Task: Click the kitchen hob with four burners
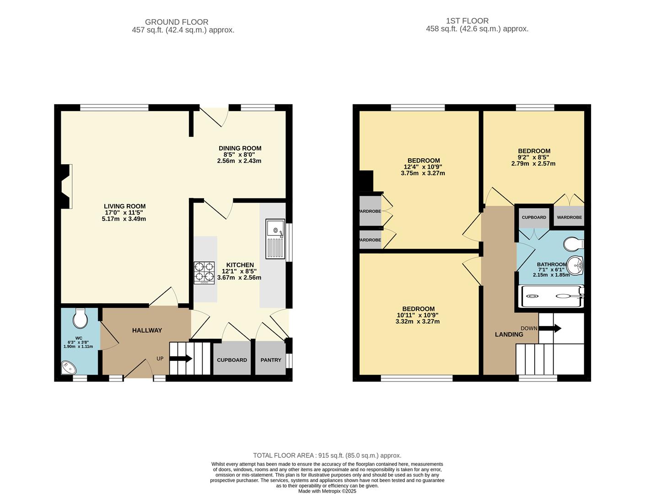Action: [204, 272]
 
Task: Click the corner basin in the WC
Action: [68, 368]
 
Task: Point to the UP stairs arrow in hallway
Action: [181, 359]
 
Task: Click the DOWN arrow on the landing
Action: [550, 328]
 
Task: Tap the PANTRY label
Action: [271, 360]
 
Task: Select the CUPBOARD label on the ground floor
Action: [232, 360]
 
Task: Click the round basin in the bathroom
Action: [575, 265]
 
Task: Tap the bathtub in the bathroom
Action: [551, 296]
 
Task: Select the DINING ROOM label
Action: [240, 148]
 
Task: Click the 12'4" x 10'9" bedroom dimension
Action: [423, 167]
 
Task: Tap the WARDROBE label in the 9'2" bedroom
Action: [569, 217]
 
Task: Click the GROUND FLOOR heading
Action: [177, 22]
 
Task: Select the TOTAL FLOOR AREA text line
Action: [327, 456]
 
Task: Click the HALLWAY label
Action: [147, 330]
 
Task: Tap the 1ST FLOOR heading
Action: [467, 21]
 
